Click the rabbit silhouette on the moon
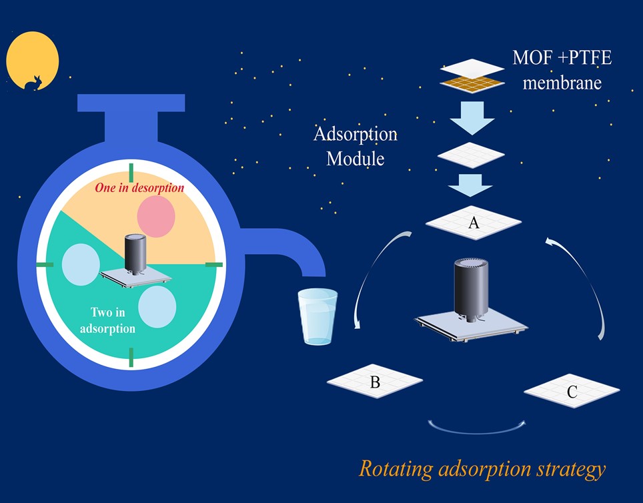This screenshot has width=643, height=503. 33,82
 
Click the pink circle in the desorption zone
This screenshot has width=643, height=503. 156,217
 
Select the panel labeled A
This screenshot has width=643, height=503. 474,223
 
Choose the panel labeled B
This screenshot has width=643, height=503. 375,382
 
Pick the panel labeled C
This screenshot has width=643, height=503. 572,391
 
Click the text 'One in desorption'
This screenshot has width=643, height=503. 139,188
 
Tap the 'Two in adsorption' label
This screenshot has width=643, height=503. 107,320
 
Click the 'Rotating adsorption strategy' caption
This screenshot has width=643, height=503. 482,468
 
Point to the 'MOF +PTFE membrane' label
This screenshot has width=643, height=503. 562,70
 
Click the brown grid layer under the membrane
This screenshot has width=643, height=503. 472,83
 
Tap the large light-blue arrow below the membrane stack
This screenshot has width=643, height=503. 472,118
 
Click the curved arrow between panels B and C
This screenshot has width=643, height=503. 478,426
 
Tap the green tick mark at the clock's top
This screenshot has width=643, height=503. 131,171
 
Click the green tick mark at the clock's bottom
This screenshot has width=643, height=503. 131,358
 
